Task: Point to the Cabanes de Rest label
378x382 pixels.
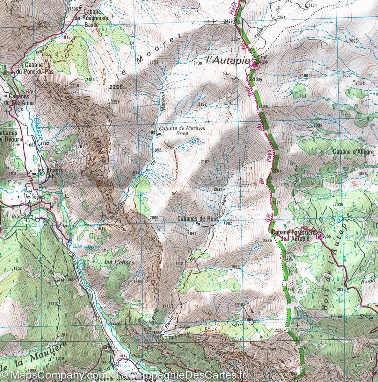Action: point(198,219)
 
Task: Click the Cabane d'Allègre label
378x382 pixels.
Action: point(353,152)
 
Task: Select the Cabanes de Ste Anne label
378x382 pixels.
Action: point(18,99)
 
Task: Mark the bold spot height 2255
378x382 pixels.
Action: point(116,87)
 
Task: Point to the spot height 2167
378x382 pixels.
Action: point(205,162)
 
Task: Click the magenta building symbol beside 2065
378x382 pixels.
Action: point(320,235)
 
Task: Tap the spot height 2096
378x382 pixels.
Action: point(353,41)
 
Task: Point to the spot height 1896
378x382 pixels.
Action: point(73,9)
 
